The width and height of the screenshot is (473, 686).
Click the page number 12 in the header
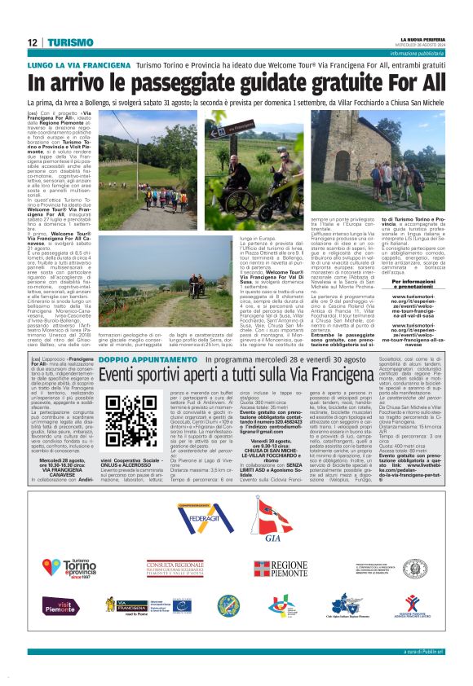pyautogui.click(x=31, y=42)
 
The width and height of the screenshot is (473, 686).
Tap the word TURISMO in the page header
pyautogui.click(x=64, y=42)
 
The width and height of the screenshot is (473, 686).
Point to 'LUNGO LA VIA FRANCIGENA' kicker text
pyautogui.click(x=77, y=64)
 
